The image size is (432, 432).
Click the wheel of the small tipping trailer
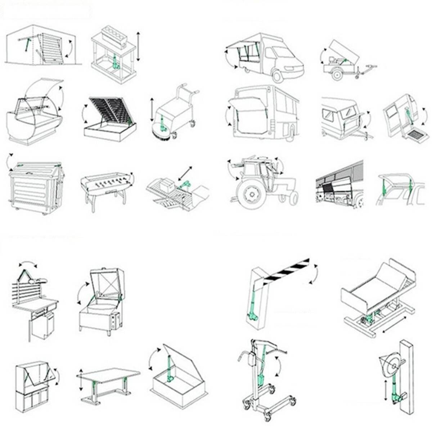tap(337, 75)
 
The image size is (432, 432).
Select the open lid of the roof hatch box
tap(180, 360)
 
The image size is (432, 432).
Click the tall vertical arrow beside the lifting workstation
tap(138, 46)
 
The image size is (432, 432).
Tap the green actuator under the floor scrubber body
tap(163, 122)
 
